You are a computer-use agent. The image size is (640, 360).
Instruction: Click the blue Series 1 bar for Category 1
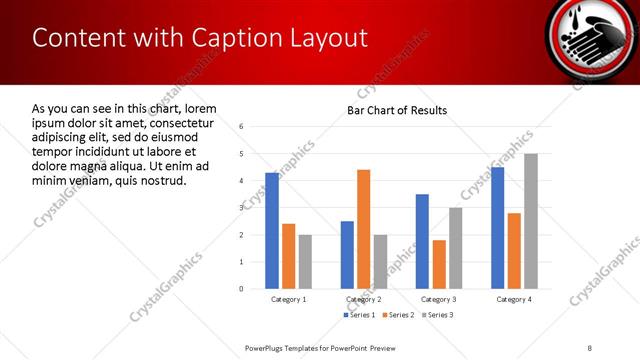pyautogui.click(x=272, y=230)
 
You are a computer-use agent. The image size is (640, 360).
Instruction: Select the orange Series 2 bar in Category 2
pyautogui.click(x=363, y=229)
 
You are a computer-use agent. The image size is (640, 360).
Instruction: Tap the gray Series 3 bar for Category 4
pyautogui.click(x=531, y=221)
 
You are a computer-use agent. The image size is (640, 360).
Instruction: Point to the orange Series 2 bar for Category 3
pyautogui.click(x=439, y=264)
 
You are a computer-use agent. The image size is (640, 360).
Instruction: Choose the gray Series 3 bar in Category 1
pyautogui.click(x=305, y=261)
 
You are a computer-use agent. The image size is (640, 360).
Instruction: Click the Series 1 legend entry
pyautogui.click(x=359, y=315)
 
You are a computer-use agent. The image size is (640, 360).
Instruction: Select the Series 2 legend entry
pyautogui.click(x=397, y=315)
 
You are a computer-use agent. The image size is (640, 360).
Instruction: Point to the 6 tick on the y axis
pyautogui.click(x=241, y=126)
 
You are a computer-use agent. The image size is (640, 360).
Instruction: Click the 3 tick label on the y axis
pyautogui.click(x=241, y=208)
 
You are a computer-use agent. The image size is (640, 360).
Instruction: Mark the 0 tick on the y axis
pyautogui.click(x=241, y=289)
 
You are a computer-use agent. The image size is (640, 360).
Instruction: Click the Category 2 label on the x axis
pyautogui.click(x=363, y=299)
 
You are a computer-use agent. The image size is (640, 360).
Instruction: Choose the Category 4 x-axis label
pyautogui.click(x=514, y=299)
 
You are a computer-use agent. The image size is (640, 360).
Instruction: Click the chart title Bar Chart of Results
pyautogui.click(x=397, y=110)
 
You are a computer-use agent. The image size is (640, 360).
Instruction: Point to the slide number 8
pyautogui.click(x=590, y=347)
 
